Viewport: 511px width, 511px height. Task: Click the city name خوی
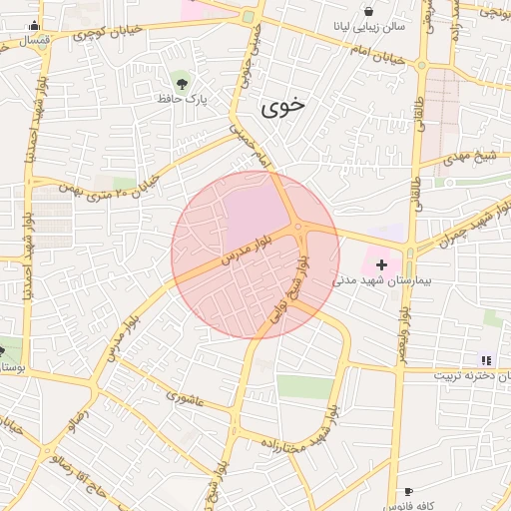coord(283,109)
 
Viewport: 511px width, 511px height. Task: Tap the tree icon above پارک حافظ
coord(181,81)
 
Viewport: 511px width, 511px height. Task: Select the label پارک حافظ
coord(181,99)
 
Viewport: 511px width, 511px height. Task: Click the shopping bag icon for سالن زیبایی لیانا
coord(368,11)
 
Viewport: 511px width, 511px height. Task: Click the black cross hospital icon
coord(381,264)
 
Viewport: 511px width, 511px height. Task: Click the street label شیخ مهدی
coord(472,156)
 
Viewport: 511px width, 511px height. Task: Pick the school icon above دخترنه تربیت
coord(486,360)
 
